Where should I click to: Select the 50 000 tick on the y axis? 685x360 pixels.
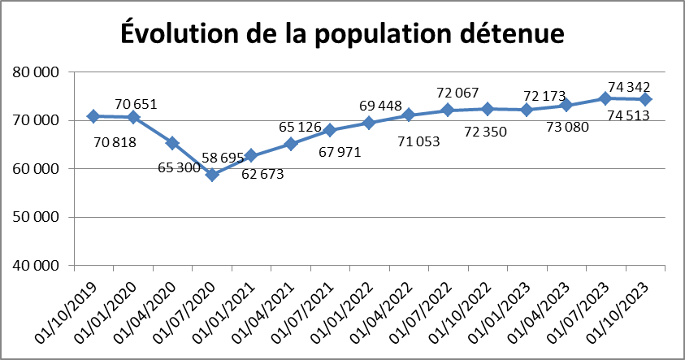[37, 217]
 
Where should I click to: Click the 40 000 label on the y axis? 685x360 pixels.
[37, 266]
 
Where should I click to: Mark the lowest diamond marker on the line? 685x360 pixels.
[212, 174]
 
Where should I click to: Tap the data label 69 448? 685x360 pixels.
[383, 106]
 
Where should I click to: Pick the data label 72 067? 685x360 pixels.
[458, 92]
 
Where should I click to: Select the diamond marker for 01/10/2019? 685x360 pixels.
[93, 116]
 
